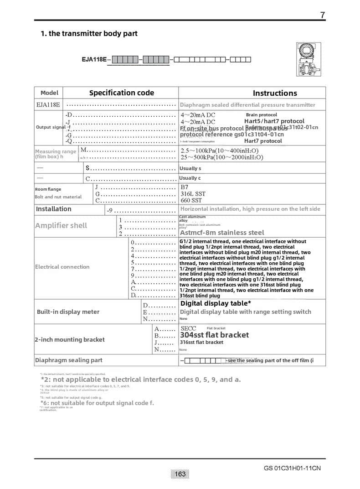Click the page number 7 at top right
tap(323, 15)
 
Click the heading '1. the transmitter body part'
tap(89, 33)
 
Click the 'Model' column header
tap(49, 93)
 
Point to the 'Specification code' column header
tap(121, 93)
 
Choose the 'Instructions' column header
tap(275, 93)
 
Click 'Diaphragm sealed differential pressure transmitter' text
tap(247, 105)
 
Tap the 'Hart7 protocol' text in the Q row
tap(263, 141)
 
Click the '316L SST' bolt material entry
tap(193, 194)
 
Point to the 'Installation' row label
tap(54, 209)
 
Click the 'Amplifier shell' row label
tap(61, 225)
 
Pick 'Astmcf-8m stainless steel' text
tap(222, 233)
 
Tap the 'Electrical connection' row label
tap(62, 267)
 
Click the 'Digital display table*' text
tap(216, 303)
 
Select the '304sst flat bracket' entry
tap(214, 335)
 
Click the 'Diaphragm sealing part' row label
tap(69, 360)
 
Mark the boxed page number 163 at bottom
tap(180, 474)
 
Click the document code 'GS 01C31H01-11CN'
tap(292, 468)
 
